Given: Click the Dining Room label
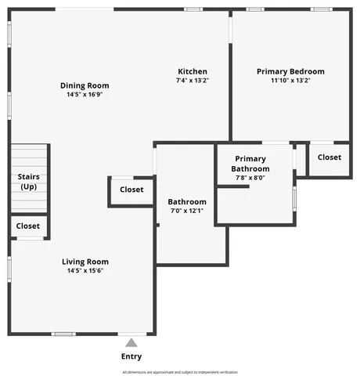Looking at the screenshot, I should tap(85, 85).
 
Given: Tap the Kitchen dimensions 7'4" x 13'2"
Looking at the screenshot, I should tap(192, 80).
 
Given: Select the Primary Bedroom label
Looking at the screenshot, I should tap(290, 71).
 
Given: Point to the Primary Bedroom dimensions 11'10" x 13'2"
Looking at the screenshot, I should tap(290, 80).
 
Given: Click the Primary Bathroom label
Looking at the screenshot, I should tap(251, 164).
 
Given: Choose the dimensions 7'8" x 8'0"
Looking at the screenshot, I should tap(250, 178).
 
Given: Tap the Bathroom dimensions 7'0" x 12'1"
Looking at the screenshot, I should tap(187, 211).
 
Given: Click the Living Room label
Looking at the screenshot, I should tap(85, 262).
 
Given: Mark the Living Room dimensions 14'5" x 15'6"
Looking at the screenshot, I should tap(85, 271).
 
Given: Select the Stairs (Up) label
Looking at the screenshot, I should tap(29, 182).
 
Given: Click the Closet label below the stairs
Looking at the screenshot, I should tap(28, 226).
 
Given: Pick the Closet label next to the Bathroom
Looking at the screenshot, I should tap(131, 190).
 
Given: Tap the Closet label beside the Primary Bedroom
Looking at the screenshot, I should tap(329, 157).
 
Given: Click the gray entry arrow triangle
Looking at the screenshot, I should tap(131, 342).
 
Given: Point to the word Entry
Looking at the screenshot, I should tap(131, 356).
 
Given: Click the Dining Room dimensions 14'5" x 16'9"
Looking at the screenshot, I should tap(85, 95).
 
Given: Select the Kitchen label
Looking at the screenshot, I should tap(192, 71).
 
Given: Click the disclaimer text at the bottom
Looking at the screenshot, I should tap(180, 372).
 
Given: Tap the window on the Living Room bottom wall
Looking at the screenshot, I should tap(63, 334).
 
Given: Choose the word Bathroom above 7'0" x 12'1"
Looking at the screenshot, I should tap(187, 201).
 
